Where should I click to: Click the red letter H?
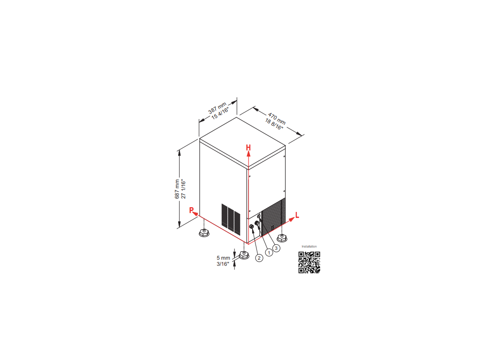(248, 148)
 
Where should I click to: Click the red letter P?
(191, 210)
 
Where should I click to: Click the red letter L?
(297, 215)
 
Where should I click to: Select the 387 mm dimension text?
(217, 108)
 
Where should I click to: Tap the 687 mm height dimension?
(177, 189)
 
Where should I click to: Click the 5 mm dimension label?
(223, 258)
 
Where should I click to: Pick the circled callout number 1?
(269, 253)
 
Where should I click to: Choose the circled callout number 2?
(259, 258)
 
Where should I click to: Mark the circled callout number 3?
(276, 248)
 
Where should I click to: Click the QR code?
(309, 262)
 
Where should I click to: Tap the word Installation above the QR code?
(309, 247)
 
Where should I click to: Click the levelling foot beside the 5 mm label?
(244, 255)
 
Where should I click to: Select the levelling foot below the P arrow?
(204, 232)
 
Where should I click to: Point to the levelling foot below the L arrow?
(282, 238)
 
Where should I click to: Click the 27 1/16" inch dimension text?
(183, 189)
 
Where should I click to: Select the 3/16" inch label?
(223, 264)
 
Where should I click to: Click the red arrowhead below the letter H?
(248, 154)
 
